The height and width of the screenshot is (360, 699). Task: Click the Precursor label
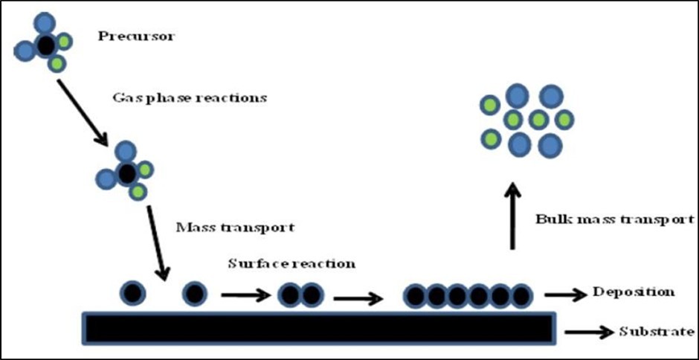click(x=136, y=35)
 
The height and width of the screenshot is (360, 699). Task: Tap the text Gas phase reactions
click(x=189, y=97)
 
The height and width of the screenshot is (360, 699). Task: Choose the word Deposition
click(x=633, y=292)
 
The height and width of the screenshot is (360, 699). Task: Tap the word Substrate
click(x=657, y=332)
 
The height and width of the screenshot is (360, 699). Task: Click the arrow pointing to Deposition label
click(x=564, y=295)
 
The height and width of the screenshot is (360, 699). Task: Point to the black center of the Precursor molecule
click(x=45, y=46)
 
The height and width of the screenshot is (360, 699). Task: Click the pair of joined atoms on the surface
click(x=301, y=295)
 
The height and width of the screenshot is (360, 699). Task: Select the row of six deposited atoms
click(x=468, y=296)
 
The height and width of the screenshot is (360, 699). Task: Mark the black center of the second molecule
click(x=126, y=175)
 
